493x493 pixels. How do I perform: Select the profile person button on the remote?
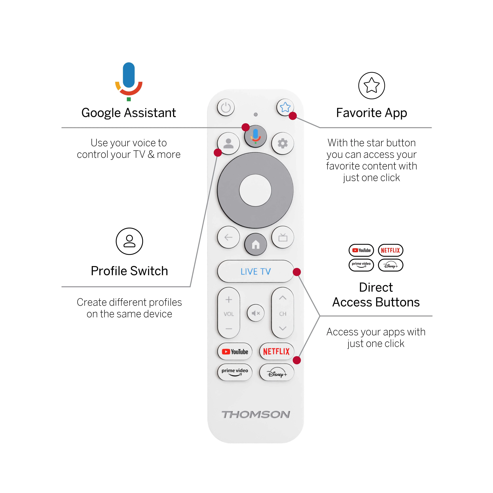(228, 143)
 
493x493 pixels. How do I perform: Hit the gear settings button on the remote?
(283, 143)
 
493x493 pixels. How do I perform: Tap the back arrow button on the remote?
(228, 237)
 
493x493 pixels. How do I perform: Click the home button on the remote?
(255, 244)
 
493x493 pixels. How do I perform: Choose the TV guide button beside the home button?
(283, 237)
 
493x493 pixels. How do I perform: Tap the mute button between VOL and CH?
(255, 313)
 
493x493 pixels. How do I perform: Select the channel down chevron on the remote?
(283, 328)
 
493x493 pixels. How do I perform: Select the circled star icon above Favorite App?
(371, 86)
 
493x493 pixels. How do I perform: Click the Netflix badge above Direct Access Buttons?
(390, 250)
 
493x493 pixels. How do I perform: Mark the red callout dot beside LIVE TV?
(296, 272)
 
